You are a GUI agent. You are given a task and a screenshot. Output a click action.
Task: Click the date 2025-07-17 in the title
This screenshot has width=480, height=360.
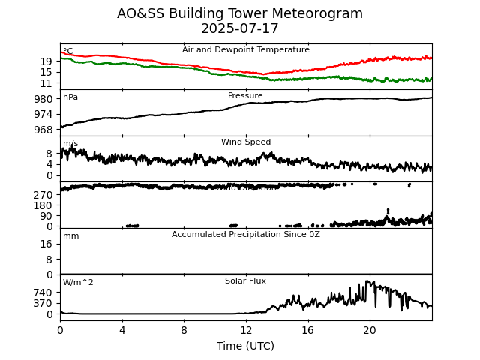[240, 29]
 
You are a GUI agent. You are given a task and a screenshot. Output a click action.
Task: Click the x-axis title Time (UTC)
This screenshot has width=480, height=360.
[246, 346]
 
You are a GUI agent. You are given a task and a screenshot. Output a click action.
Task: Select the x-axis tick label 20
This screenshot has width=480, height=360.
[370, 330]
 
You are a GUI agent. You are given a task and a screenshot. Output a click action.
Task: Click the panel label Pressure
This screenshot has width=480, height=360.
[245, 96]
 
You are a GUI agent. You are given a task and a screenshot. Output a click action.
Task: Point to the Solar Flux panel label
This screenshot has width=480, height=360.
[245, 281]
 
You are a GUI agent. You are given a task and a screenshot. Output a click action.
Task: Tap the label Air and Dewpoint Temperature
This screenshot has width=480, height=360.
[245, 50]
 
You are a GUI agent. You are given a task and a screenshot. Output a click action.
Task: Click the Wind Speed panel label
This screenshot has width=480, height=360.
[245, 142]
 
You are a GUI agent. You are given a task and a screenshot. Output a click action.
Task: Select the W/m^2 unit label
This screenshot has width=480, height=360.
[78, 283]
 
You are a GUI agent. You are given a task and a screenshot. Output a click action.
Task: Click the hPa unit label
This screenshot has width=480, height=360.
[70, 97]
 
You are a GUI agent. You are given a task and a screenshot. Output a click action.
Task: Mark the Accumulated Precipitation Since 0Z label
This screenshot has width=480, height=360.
[245, 235]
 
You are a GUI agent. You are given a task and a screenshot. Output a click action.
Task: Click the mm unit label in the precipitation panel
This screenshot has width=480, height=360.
[70, 236]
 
